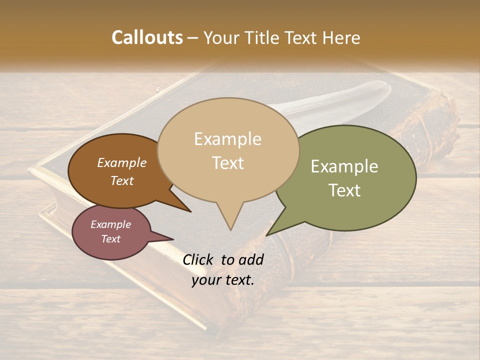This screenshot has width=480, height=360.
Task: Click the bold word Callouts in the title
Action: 147,37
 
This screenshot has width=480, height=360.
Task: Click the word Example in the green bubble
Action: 344,166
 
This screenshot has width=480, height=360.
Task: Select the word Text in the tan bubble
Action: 228,163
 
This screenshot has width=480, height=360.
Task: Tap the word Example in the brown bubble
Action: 122,163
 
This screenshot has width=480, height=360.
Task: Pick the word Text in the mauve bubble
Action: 110,239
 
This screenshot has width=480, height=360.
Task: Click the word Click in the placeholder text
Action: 198,259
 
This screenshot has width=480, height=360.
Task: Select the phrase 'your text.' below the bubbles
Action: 223,280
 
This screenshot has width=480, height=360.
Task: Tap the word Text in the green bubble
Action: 344,190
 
